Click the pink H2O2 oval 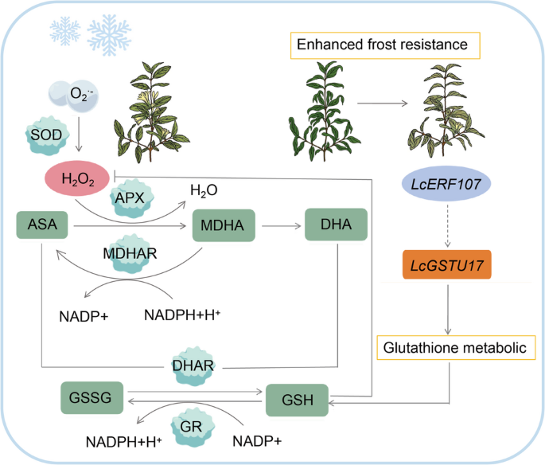tap(77, 178)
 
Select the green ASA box tap(42, 225)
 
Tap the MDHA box tap(224, 225)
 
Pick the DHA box tap(336, 225)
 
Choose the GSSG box tap(91, 397)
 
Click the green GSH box tap(297, 400)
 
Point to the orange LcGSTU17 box tap(447, 264)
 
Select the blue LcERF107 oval tap(446, 184)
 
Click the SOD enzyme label tap(46, 135)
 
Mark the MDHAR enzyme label tap(130, 253)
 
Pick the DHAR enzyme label tap(193, 366)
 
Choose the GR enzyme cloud tap(192, 427)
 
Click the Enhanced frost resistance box tap(385, 45)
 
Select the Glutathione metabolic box tap(456, 347)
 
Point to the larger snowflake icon tap(109, 35)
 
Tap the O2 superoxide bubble tap(74, 96)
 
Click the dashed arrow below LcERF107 tap(448, 225)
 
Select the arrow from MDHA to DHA tap(281, 226)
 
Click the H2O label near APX tap(204, 190)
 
